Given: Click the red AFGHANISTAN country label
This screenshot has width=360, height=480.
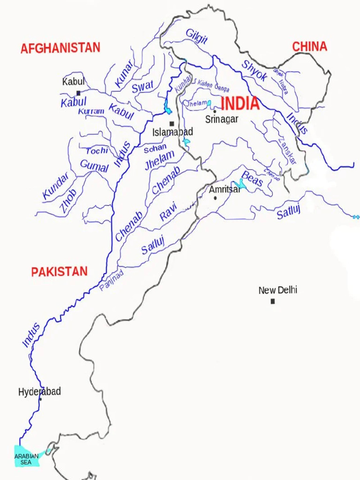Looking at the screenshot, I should click(x=60, y=48).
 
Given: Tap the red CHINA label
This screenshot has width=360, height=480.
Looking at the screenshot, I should click(x=309, y=46).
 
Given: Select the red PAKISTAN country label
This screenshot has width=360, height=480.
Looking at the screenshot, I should click(x=59, y=272).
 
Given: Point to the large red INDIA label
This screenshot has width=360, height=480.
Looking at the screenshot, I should click(x=240, y=104).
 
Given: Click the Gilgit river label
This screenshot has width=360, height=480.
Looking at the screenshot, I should click(x=196, y=36).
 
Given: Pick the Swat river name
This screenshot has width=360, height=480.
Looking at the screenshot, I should click(x=142, y=87).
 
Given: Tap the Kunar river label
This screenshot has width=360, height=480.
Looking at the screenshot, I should click(x=124, y=75).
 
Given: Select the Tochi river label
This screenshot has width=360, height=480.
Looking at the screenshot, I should click(x=97, y=151).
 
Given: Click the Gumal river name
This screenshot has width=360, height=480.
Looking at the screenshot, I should click(x=94, y=165).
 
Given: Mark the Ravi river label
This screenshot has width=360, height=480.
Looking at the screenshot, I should click(x=168, y=211).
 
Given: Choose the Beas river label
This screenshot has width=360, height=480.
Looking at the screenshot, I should click(x=252, y=179).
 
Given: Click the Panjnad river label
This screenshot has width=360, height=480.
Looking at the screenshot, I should click(x=112, y=280).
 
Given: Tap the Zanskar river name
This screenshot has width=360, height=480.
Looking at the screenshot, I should click(x=287, y=150).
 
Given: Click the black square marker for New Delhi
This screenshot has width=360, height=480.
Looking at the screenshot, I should click(x=272, y=301).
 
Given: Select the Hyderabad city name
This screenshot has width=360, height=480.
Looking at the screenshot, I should click(x=39, y=392).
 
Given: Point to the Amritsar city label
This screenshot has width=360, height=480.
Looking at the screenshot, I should click(x=225, y=190).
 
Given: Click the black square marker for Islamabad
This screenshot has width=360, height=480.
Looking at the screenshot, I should click(x=172, y=124).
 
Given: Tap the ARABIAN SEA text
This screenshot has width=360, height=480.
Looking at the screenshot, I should click(x=26, y=459).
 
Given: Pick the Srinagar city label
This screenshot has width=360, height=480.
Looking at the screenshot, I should click(x=222, y=120).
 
